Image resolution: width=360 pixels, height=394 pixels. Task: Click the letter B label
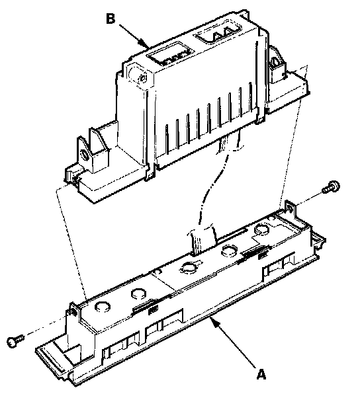(111, 19)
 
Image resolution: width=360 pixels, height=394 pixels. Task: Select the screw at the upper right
(331, 187)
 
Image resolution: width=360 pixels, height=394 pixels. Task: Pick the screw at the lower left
(16, 341)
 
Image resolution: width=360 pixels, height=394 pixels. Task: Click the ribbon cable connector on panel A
(202, 239)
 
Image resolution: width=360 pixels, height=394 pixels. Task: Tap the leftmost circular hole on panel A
(103, 306)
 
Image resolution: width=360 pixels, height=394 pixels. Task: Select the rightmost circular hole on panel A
(262, 229)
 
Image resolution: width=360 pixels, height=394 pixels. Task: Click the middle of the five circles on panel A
(189, 268)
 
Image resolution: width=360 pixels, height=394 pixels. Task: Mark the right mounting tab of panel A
(290, 207)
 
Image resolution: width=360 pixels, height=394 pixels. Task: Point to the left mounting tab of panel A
(72, 311)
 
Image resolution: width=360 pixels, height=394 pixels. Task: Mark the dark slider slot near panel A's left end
(145, 306)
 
